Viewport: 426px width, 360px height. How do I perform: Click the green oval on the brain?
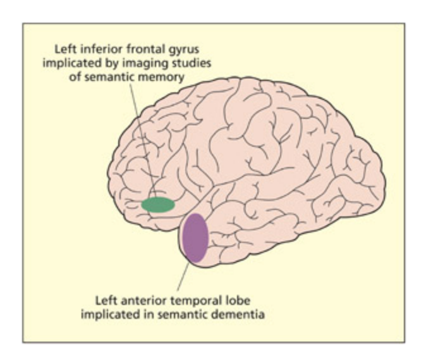click(158, 204)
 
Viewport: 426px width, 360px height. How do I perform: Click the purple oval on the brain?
click(195, 238)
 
